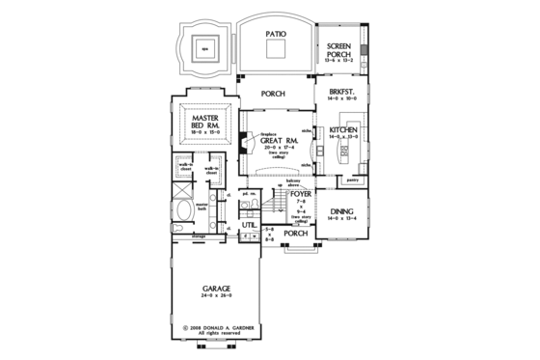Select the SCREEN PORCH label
(339, 50)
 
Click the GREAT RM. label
(277, 141)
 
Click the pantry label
(353, 180)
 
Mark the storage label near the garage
(200, 234)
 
